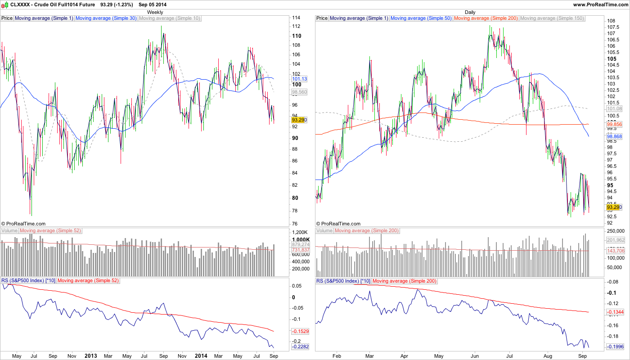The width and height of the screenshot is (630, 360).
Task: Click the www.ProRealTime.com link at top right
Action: click(600, 4)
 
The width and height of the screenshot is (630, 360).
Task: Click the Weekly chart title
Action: click(155, 12)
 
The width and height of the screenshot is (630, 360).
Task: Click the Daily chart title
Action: click(470, 12)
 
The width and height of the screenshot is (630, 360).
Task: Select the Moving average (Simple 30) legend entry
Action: click(106, 18)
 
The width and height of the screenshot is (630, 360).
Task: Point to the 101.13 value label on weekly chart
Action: click(299, 79)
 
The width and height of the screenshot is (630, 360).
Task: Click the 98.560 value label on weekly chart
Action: click(299, 91)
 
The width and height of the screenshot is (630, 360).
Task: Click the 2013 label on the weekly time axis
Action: click(91, 355)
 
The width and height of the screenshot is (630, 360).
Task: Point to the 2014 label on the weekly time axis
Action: click(201, 355)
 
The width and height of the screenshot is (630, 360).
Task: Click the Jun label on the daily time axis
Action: click(474, 355)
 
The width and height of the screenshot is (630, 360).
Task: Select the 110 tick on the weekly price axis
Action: click(297, 36)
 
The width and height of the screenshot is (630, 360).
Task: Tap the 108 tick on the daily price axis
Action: click(611, 21)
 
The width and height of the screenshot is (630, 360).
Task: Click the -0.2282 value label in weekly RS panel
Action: click(300, 347)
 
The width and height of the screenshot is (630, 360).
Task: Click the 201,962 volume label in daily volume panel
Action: click(616, 240)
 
